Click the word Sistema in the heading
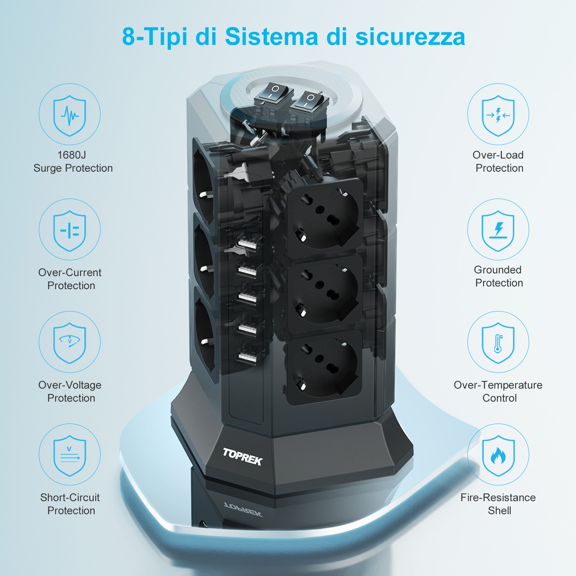[x=272, y=37]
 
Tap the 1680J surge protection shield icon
[x=70, y=115]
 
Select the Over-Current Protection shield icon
[x=70, y=230]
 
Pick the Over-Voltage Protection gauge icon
[x=70, y=343]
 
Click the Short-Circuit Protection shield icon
[x=70, y=455]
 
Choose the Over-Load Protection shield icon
[x=498, y=115]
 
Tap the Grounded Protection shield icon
[x=498, y=230]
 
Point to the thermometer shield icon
[x=498, y=343]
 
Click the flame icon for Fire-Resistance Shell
[x=498, y=455]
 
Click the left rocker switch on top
[x=274, y=93]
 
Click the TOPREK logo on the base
[x=243, y=456]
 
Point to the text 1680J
[x=71, y=155]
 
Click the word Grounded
[x=498, y=270]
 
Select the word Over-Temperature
[x=498, y=385]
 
